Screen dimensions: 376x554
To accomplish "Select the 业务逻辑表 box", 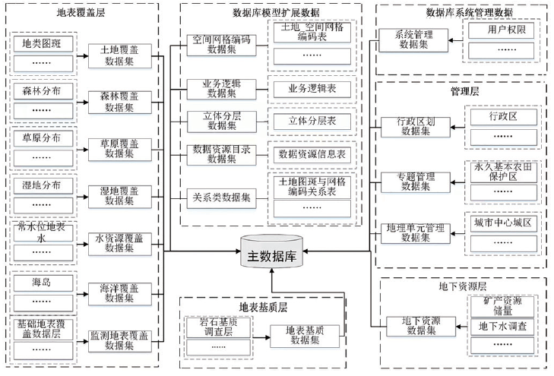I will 312,90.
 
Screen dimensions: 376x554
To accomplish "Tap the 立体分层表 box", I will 312,122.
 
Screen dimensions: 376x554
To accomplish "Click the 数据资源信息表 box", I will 312,154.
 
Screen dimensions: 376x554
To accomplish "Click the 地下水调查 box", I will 501,327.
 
